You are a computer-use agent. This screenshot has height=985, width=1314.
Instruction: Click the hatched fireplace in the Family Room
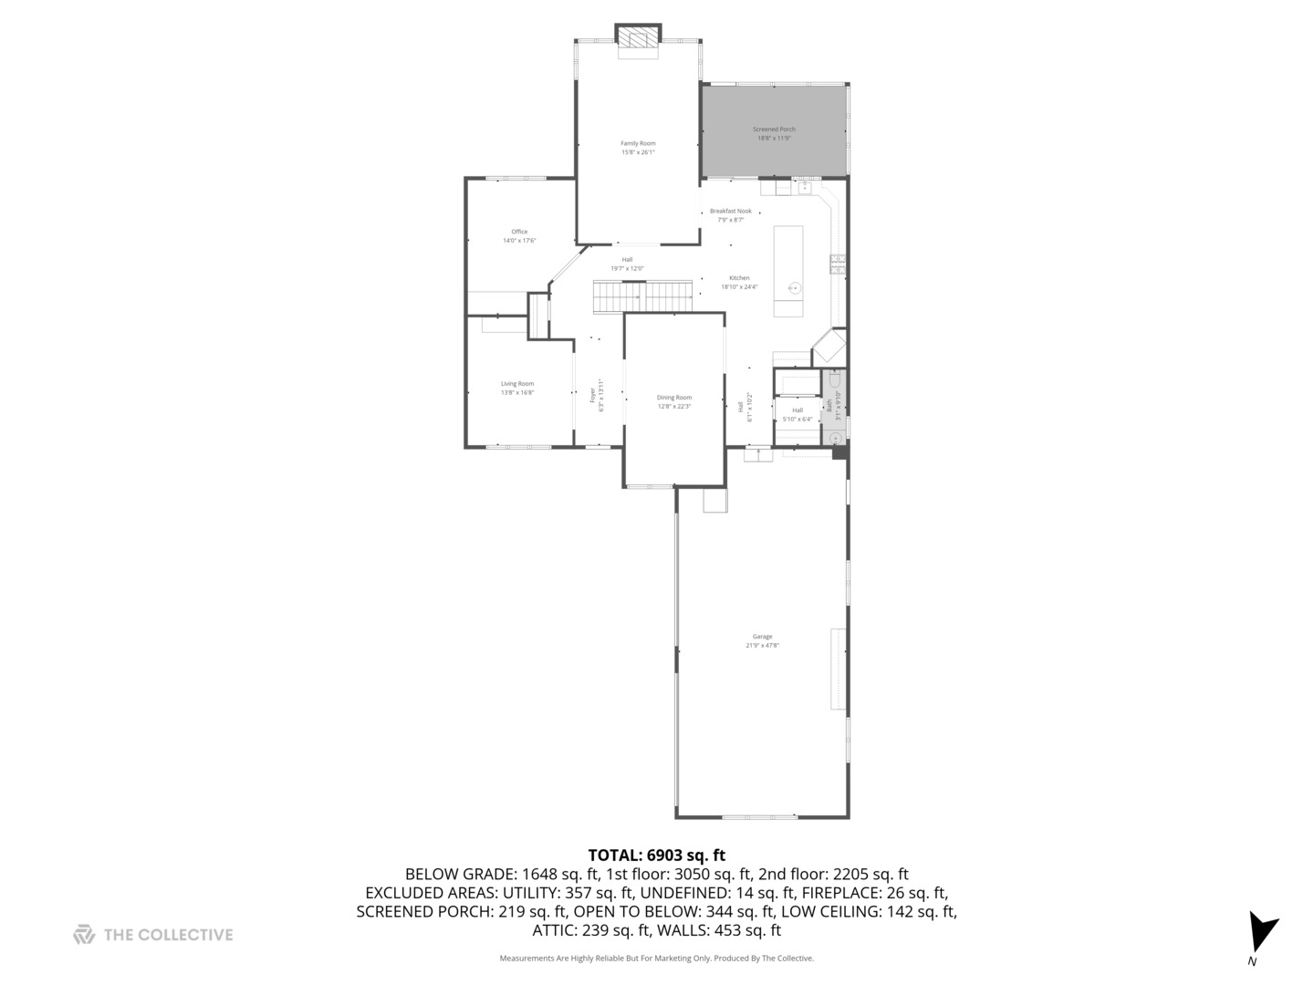click(637, 36)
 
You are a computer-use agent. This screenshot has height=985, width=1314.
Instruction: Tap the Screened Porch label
click(774, 130)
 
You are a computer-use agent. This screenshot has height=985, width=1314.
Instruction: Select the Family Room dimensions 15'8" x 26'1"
click(638, 152)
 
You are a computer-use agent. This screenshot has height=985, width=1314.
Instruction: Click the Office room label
click(519, 232)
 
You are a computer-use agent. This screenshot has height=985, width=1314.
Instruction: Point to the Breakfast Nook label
click(730, 211)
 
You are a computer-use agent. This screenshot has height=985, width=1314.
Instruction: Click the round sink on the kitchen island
click(795, 289)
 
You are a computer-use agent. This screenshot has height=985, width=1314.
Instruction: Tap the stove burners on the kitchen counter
click(837, 264)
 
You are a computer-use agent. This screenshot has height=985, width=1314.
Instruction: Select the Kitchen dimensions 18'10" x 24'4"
click(739, 287)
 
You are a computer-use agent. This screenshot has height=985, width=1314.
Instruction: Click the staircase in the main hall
click(643, 295)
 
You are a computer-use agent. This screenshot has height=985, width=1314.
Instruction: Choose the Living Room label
click(517, 384)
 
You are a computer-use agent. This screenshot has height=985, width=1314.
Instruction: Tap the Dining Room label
click(674, 398)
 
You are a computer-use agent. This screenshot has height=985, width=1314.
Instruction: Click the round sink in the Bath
click(835, 437)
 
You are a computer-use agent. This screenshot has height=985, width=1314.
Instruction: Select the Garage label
click(762, 637)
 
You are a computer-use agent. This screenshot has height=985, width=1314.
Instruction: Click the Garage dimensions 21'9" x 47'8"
click(762, 646)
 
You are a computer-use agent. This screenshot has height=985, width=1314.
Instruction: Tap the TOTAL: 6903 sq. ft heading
click(656, 855)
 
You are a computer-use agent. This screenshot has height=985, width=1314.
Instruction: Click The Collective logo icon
click(84, 934)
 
